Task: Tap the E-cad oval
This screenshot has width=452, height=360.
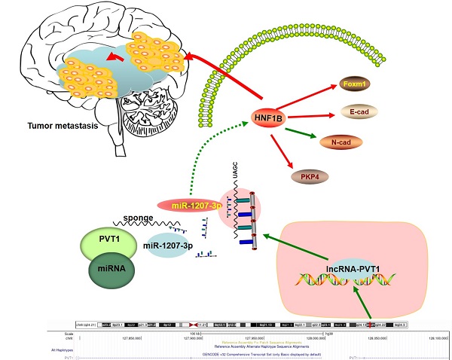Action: pos(358,112)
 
